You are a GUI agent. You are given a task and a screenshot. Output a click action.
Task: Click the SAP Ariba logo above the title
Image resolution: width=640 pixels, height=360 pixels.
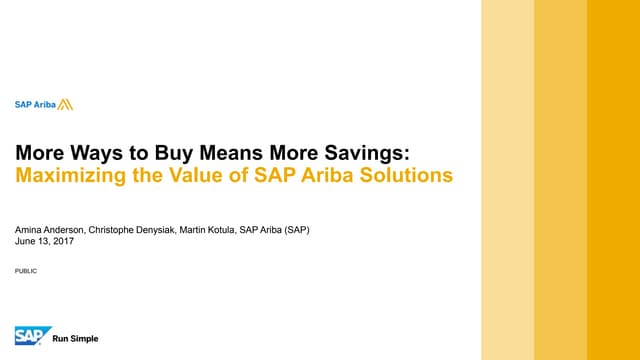click(43, 104)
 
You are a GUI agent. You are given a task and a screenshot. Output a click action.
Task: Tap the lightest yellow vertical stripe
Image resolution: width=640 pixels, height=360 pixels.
click(507, 180)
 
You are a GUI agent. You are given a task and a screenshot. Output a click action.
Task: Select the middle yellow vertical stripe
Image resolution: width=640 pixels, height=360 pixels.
click(560, 180)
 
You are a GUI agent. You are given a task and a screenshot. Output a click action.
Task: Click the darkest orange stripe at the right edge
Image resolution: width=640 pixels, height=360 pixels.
click(613, 180)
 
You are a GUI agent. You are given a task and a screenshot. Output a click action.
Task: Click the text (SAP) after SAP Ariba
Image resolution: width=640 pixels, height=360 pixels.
click(295, 229)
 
